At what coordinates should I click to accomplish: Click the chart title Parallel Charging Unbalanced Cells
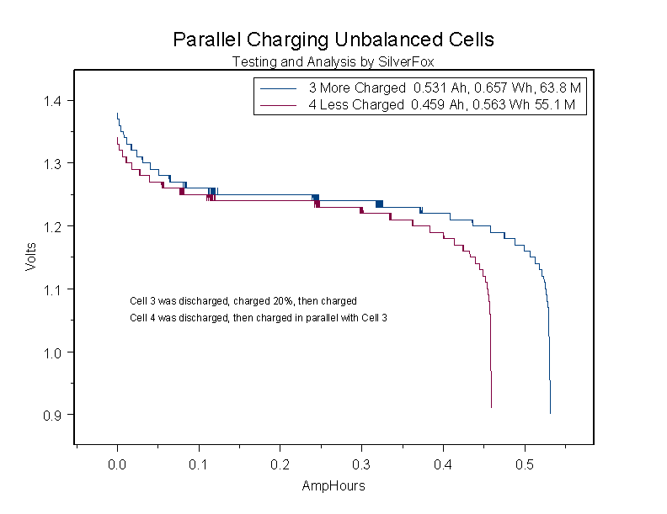333,40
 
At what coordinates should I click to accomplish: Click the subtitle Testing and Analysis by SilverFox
333,61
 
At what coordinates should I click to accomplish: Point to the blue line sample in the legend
279,88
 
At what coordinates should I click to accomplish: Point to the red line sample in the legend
279,105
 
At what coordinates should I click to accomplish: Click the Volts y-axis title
31,257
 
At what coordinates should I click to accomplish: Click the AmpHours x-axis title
333,485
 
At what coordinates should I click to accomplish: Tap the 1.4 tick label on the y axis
54,101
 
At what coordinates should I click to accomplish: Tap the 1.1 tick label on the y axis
54,289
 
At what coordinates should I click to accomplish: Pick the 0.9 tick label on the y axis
54,415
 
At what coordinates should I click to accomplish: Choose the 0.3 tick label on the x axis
362,464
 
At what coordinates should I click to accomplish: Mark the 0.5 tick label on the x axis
525,464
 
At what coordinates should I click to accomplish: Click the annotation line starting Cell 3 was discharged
243,300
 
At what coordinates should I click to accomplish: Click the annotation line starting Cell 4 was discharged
259,318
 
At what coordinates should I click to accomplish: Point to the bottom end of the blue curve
550,412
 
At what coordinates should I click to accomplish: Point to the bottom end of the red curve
491,406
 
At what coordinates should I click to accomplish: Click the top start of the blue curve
117,114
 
